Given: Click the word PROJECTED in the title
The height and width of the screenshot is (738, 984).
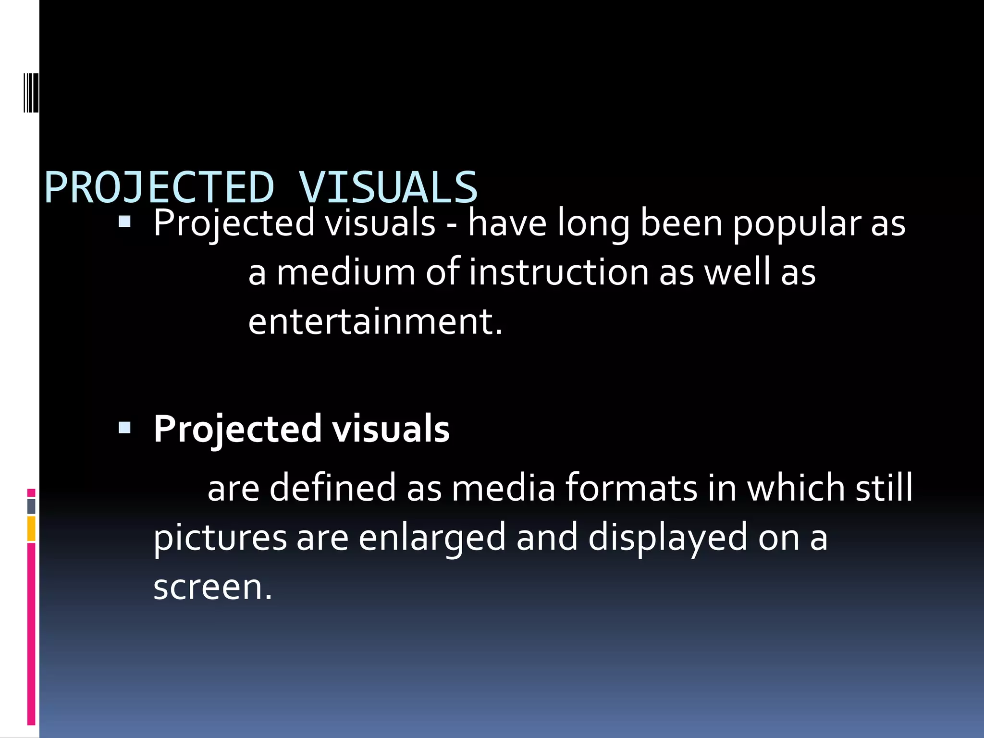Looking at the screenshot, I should tap(159, 187).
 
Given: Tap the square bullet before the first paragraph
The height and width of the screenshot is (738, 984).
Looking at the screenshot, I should tap(124, 221).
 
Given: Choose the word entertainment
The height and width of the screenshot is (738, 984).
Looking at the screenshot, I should tap(375, 322).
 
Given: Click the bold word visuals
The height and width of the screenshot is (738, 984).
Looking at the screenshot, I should tap(391, 429).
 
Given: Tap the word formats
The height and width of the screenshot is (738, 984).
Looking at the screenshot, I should tap(630, 488).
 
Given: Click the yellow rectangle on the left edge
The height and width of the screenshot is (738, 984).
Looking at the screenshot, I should tap(31, 529).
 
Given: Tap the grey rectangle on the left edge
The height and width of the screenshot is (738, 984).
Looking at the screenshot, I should tap(31, 506).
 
